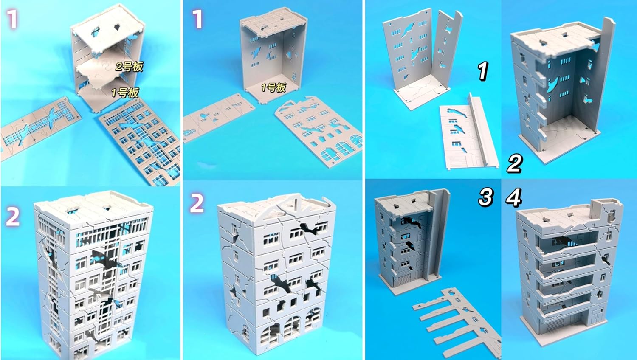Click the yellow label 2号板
tap(129, 67)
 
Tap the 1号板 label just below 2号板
tap(125, 93)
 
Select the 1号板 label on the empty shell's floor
tap(273, 87)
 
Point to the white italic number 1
tap(482, 70)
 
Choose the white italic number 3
tap(486, 197)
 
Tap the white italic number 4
tap(514, 197)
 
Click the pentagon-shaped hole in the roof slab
tap(118, 28)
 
